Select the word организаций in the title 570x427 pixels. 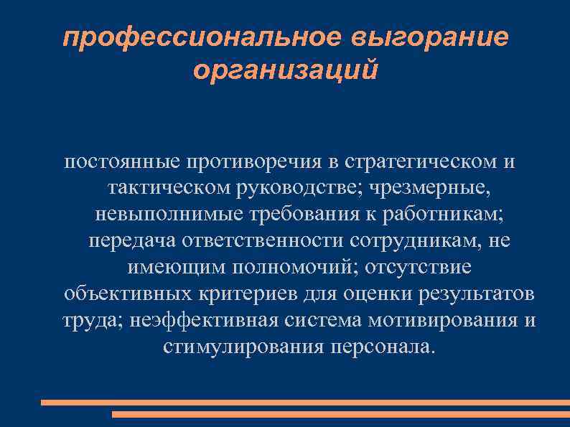[x=285, y=71]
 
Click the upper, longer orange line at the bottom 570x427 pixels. [x=304, y=403]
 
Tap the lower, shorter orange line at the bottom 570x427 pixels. [x=340, y=414]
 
